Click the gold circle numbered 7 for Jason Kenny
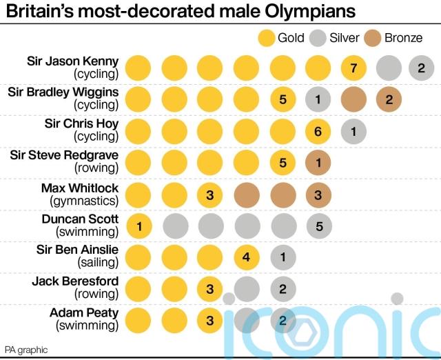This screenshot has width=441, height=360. pyautogui.click(x=354, y=68)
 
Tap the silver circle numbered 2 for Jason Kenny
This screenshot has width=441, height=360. pyautogui.click(x=420, y=68)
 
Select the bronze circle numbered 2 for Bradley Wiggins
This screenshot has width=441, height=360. pyautogui.click(x=389, y=99)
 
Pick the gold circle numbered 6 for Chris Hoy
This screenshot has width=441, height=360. pyautogui.click(x=318, y=131)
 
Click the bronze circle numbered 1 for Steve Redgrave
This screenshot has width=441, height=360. pyautogui.click(x=318, y=163)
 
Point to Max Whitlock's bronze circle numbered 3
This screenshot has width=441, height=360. pyautogui.click(x=318, y=194)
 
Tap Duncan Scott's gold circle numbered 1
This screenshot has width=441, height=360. pyautogui.click(x=139, y=225)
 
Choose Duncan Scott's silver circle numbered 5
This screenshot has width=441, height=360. pyautogui.click(x=318, y=225)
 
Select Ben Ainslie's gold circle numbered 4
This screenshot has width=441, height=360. pyautogui.click(x=246, y=257)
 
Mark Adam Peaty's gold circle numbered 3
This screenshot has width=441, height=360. pyautogui.click(x=210, y=320)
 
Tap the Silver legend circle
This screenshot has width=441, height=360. pyautogui.click(x=318, y=37)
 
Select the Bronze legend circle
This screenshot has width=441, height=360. pyautogui.click(x=374, y=37)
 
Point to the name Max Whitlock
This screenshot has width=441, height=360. pyautogui.click(x=80, y=188)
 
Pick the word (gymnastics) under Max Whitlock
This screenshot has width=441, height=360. pyautogui.click(x=84, y=201)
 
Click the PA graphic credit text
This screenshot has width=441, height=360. pyautogui.click(x=26, y=350)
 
